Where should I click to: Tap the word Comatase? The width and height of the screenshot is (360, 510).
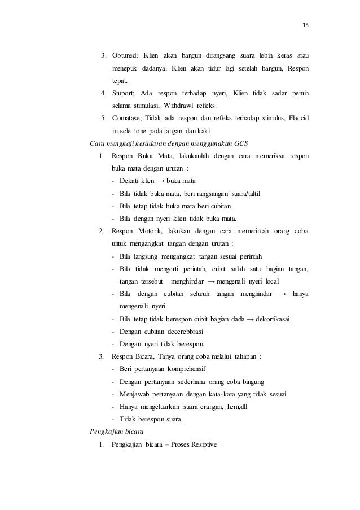(126, 117)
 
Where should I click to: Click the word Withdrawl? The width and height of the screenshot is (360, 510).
(161, 105)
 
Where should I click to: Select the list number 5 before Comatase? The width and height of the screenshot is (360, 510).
(102, 117)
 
